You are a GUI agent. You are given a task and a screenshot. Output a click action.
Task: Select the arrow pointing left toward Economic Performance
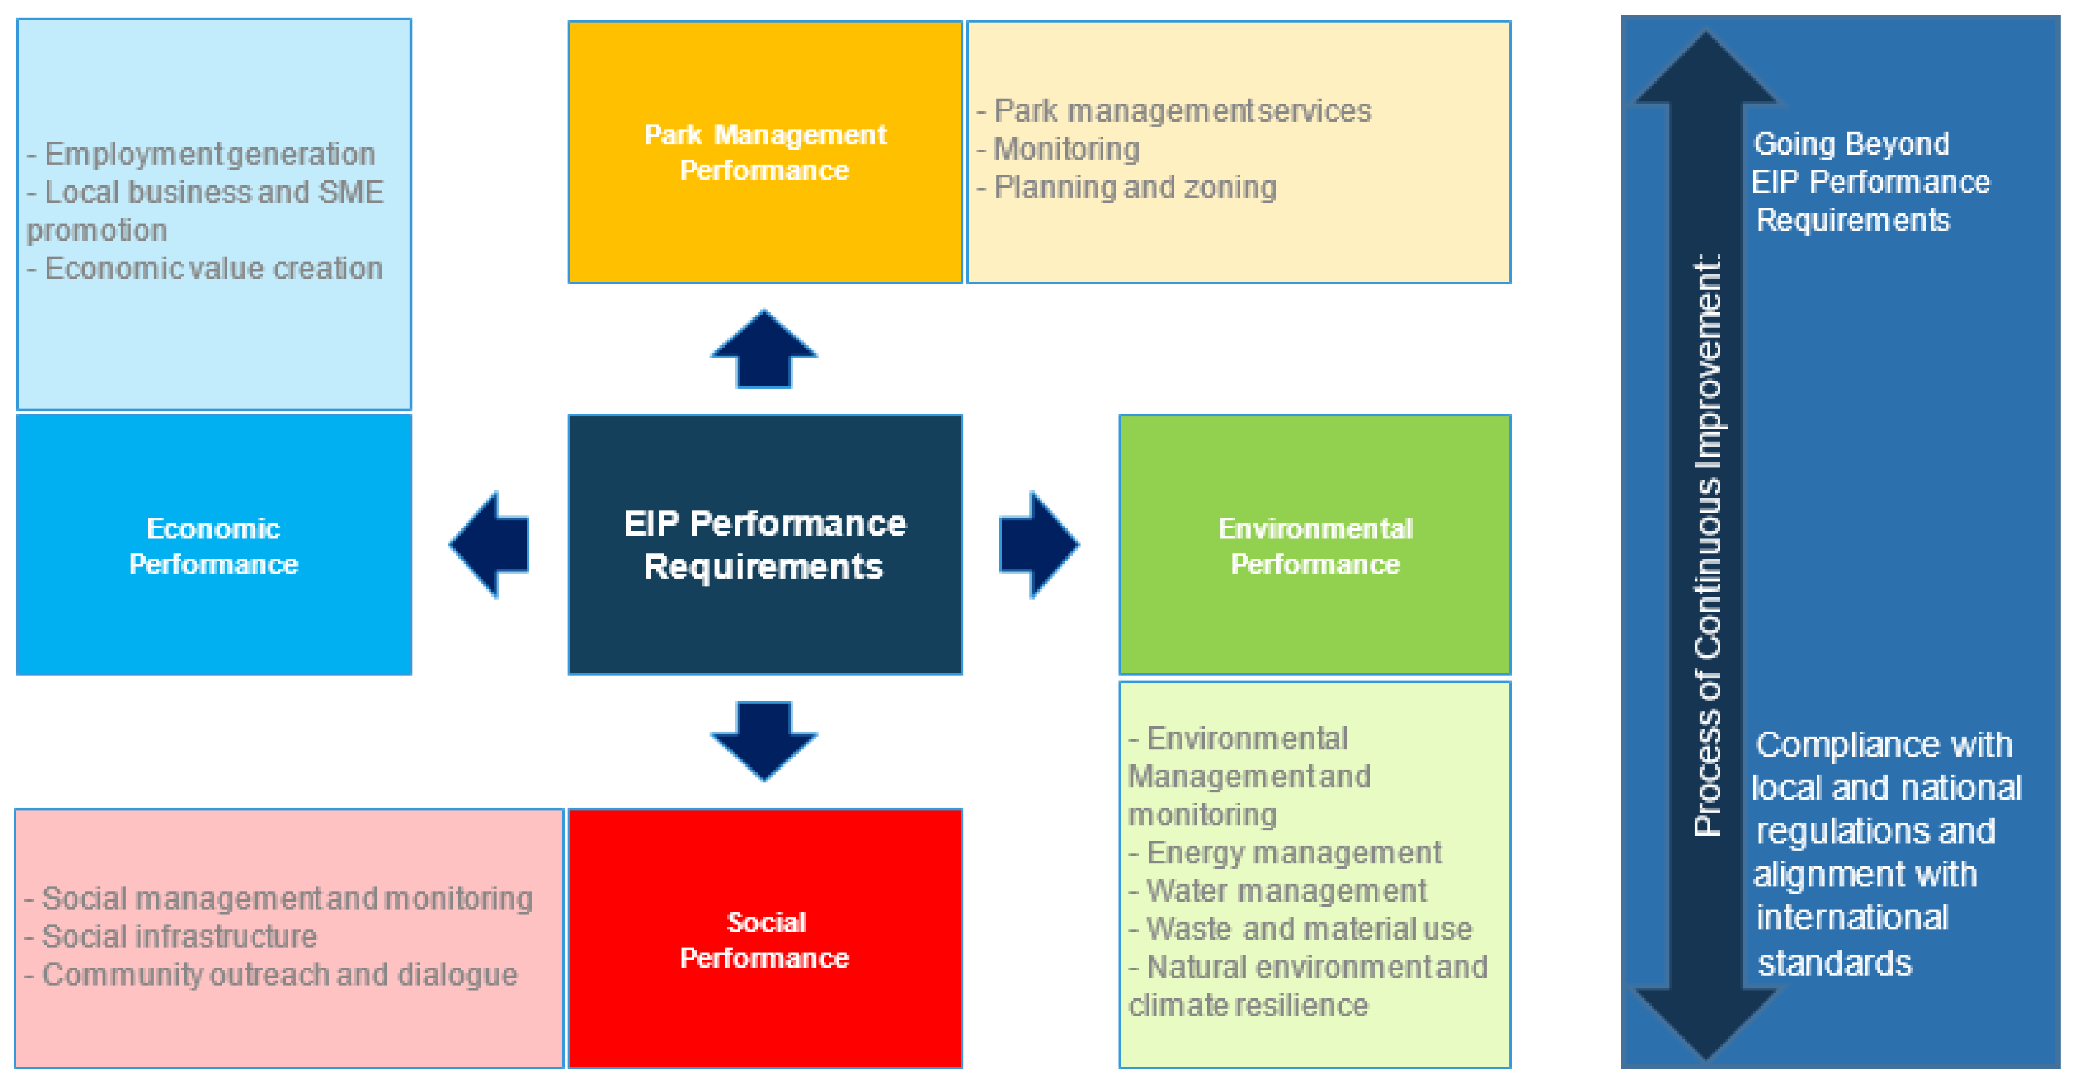point(490,544)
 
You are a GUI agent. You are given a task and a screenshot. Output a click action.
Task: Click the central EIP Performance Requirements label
point(764,545)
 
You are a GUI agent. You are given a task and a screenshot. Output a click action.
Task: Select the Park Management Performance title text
point(764,152)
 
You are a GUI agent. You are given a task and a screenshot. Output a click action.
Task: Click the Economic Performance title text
point(213,546)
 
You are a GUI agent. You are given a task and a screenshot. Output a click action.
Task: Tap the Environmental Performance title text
point(1314,546)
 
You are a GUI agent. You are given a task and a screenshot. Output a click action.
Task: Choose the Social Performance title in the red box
point(764,939)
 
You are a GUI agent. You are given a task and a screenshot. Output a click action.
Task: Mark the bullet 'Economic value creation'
point(213,268)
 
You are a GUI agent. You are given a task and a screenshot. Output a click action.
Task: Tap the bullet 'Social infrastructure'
point(179,936)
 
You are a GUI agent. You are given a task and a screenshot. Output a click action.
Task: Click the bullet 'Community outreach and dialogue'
point(279,974)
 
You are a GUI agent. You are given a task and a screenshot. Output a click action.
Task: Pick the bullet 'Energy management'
point(1293,853)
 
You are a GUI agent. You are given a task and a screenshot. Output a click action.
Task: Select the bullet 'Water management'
point(1284,891)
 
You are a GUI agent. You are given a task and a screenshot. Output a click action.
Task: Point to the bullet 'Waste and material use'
point(1308,928)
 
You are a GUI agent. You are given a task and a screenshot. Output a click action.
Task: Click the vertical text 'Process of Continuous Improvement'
point(1706,545)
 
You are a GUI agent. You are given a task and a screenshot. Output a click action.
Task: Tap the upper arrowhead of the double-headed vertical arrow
point(1706,73)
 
